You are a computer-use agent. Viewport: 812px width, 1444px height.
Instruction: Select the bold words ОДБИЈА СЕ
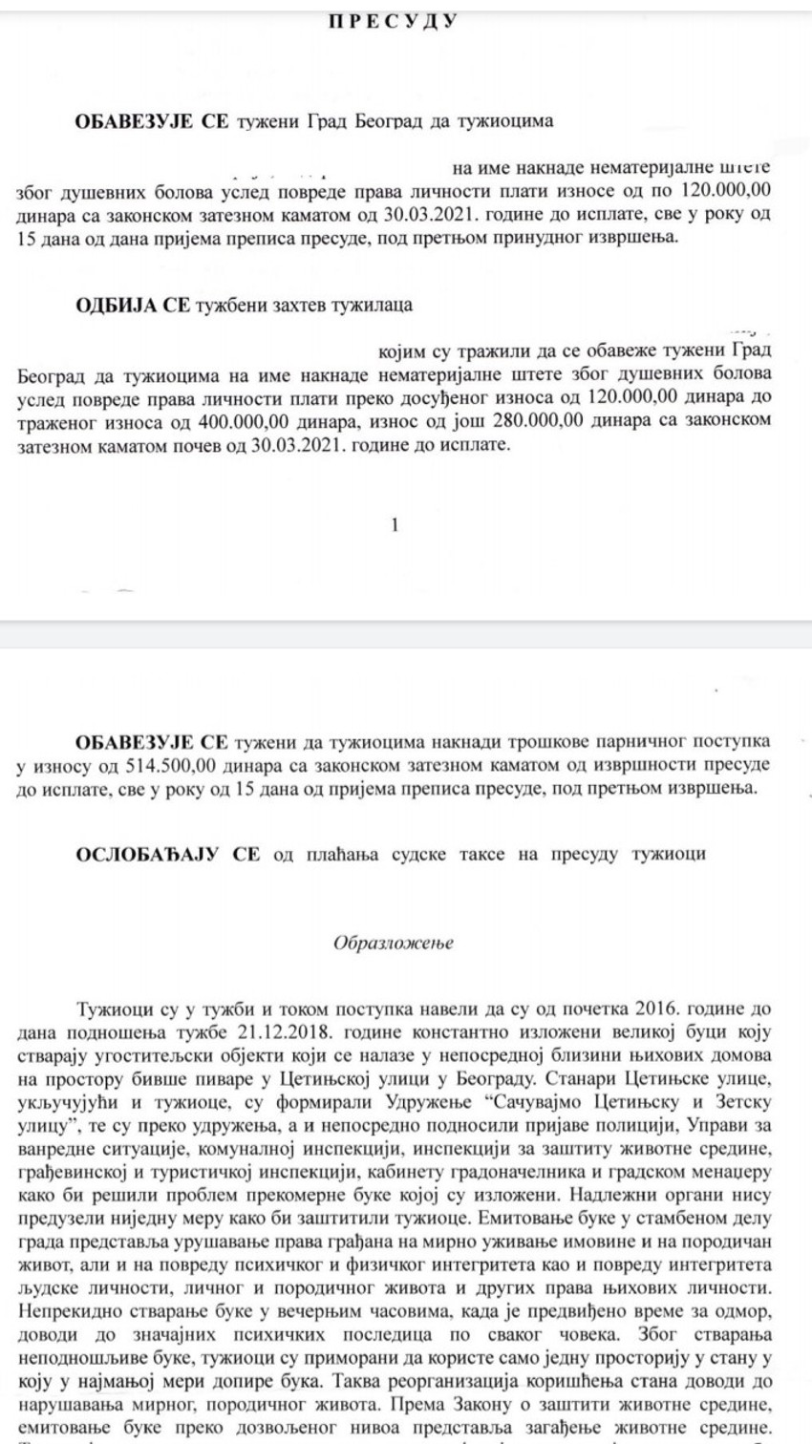[133, 305]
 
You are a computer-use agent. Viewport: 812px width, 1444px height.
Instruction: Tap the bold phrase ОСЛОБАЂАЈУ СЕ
[167, 855]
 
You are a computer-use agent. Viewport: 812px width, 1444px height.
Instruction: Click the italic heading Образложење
[394, 944]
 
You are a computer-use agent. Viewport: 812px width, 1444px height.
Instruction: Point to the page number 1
[395, 524]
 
